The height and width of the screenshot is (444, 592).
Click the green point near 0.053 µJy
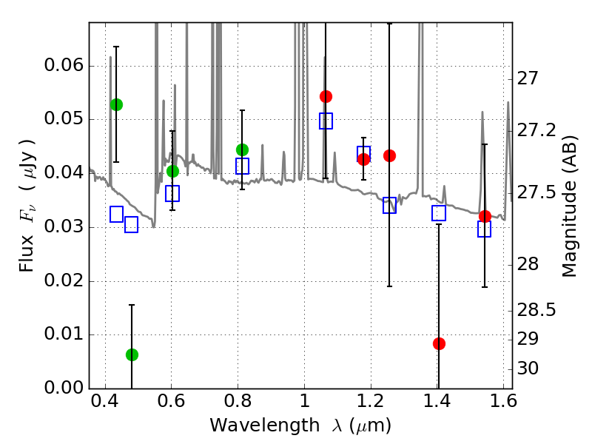[116, 104]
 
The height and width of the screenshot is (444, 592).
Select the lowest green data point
[132, 354]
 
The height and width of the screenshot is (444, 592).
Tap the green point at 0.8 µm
[242, 149]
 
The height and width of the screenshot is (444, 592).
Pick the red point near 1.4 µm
[439, 343]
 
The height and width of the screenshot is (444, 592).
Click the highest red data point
[326, 96]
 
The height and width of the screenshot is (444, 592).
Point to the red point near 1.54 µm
[485, 216]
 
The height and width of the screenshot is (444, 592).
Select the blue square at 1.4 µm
[439, 213]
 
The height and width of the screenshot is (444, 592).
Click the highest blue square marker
[326, 121]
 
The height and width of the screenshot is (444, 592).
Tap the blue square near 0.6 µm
[172, 194]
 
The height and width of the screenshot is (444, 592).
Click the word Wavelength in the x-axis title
[254, 425]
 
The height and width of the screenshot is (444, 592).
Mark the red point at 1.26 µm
[389, 155]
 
